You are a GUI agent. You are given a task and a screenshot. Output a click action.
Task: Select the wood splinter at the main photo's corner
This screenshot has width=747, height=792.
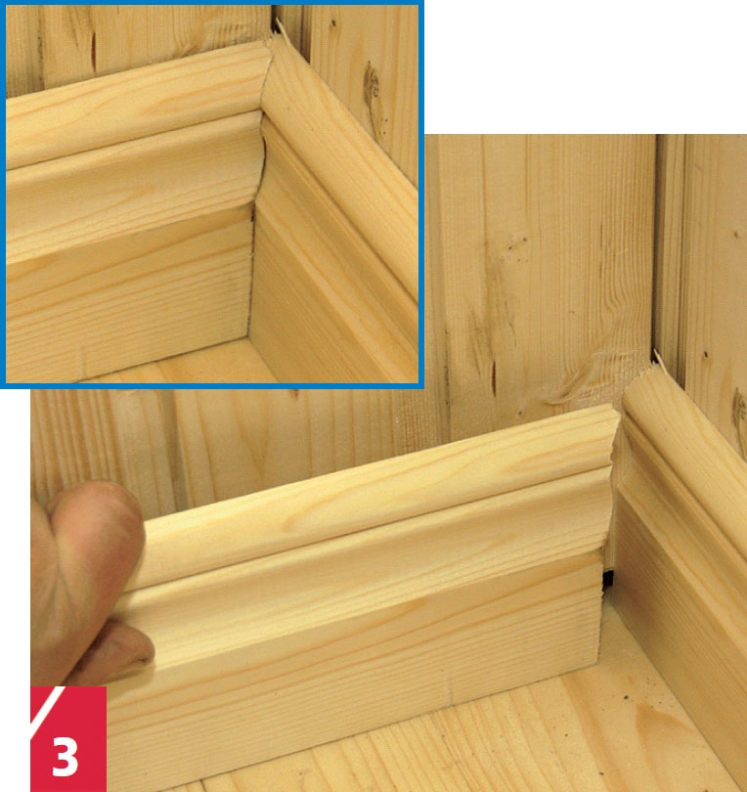click(658, 358)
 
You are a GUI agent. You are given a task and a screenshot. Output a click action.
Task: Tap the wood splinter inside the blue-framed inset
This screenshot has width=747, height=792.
click(280, 29)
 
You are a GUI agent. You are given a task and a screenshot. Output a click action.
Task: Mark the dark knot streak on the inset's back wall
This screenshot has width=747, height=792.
click(94, 51)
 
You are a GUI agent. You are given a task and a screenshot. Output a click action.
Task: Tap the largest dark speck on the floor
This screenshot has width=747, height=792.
click(627, 697)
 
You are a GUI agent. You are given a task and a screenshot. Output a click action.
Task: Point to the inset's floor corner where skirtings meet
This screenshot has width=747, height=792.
click(247, 337)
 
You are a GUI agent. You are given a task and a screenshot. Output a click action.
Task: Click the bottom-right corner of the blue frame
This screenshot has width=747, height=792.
click(421, 385)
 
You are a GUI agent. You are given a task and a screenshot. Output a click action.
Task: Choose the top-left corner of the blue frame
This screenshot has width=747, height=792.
click(3, 3)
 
